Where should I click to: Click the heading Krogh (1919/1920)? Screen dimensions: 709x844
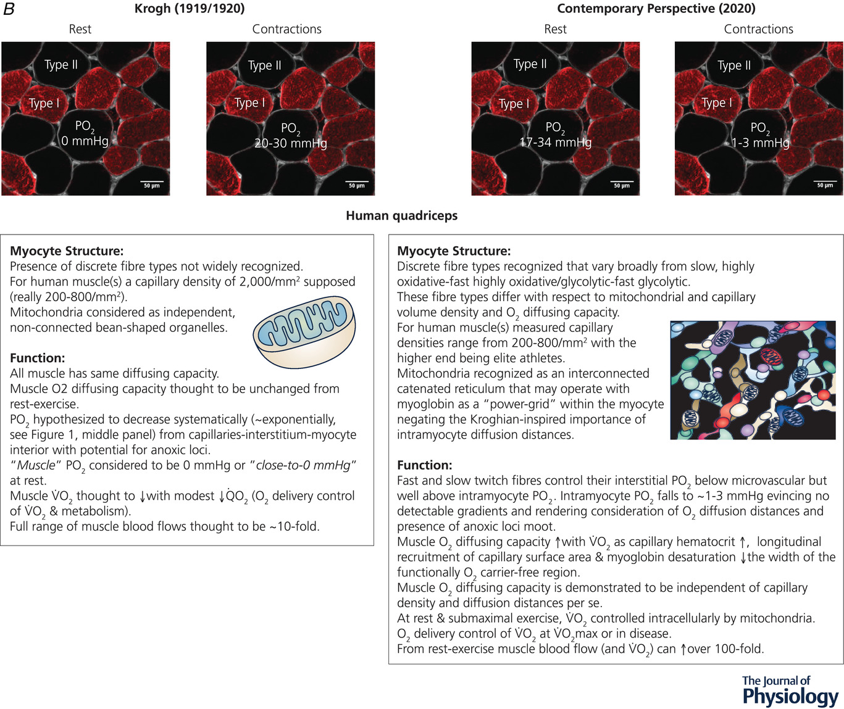[189, 9]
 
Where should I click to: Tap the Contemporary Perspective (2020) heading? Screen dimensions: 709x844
[656, 9]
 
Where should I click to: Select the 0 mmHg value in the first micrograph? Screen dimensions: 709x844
[85, 141]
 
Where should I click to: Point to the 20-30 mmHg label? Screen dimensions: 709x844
[290, 143]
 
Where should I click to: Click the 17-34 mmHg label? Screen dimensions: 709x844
[555, 143]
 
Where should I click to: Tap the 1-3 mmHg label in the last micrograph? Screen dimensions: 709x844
[760, 143]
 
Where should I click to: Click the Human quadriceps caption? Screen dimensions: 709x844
[401, 215]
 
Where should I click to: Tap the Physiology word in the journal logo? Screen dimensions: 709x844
[790, 696]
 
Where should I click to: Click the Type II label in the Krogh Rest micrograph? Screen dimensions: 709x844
[61, 65]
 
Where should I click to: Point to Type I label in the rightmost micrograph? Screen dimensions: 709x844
[716, 103]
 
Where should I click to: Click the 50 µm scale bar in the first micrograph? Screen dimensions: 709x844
[151, 184]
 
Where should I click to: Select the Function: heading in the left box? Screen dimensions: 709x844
[37, 358]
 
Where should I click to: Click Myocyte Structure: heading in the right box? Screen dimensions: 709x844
[454, 251]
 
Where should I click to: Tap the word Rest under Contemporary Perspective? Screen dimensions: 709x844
[555, 29]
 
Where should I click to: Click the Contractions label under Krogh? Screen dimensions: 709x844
[286, 29]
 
